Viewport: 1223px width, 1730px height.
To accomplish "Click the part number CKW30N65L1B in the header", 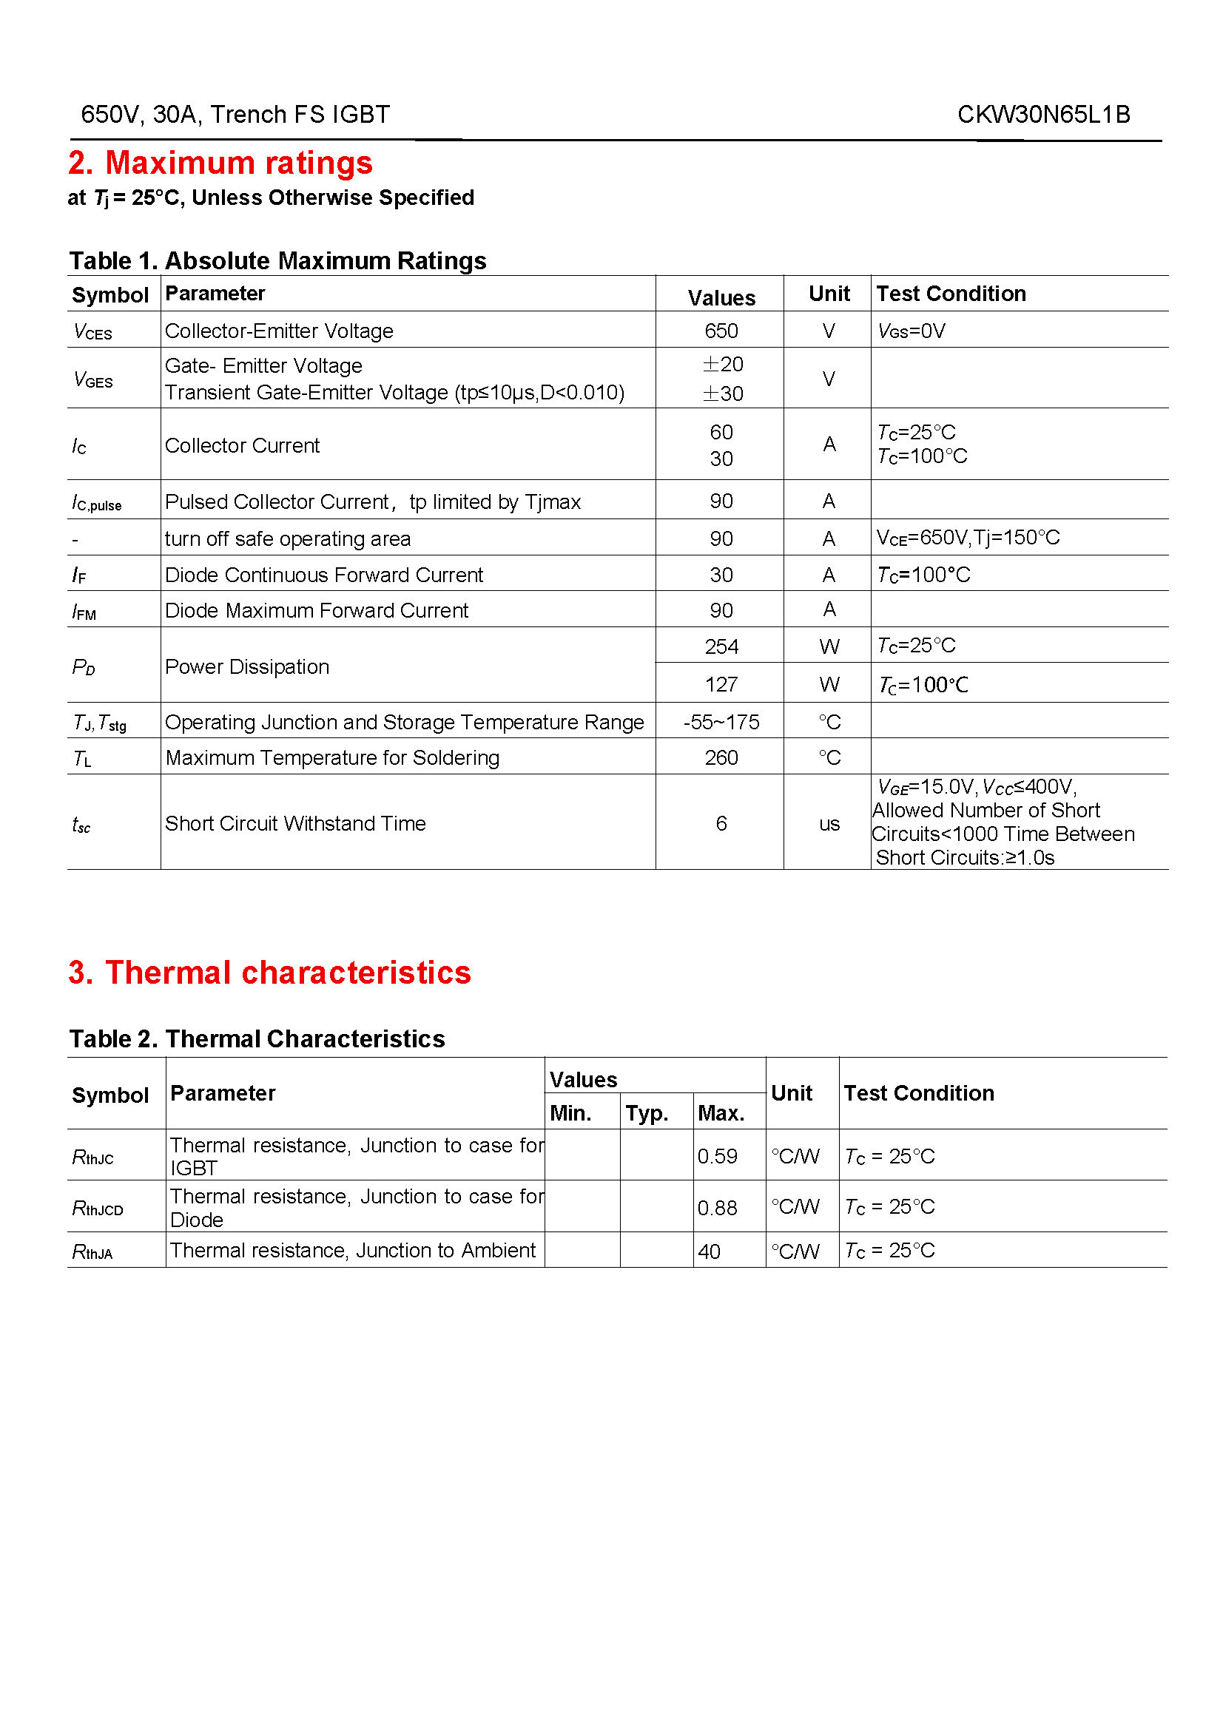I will (x=1043, y=115).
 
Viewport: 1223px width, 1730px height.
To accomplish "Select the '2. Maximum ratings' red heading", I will (x=220, y=163).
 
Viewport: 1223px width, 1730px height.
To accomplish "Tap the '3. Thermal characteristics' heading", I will (x=269, y=972).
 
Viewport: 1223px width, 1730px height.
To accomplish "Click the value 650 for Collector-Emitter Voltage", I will (x=721, y=331).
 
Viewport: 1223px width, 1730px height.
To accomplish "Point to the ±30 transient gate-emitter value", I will (x=723, y=393).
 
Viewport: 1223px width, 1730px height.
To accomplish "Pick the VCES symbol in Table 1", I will (x=92, y=331).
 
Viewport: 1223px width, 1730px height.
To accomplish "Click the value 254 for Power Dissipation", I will (x=721, y=646).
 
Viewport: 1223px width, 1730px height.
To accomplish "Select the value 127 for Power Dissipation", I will (x=721, y=684).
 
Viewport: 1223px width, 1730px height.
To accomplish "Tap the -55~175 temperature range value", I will (x=721, y=722).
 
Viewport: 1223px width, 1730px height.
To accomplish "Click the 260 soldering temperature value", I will (x=721, y=757).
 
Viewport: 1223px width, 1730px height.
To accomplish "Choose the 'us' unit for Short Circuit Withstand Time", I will (x=829, y=823).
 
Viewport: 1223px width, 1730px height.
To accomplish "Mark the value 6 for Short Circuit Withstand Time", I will (x=721, y=823).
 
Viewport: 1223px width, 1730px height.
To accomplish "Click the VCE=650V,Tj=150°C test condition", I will (x=968, y=537).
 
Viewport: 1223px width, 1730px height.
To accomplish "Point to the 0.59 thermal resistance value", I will (x=717, y=1156).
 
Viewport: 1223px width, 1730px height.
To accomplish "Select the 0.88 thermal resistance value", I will (x=717, y=1208).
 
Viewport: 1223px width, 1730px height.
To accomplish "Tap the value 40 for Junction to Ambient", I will (x=709, y=1251).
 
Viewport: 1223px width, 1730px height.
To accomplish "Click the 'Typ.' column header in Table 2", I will (x=647, y=1113).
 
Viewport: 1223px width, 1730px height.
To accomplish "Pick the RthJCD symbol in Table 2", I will (x=97, y=1209).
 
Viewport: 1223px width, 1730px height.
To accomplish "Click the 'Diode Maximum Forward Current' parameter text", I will (x=317, y=610).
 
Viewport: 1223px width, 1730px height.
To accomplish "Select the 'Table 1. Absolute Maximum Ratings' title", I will (x=277, y=260).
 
